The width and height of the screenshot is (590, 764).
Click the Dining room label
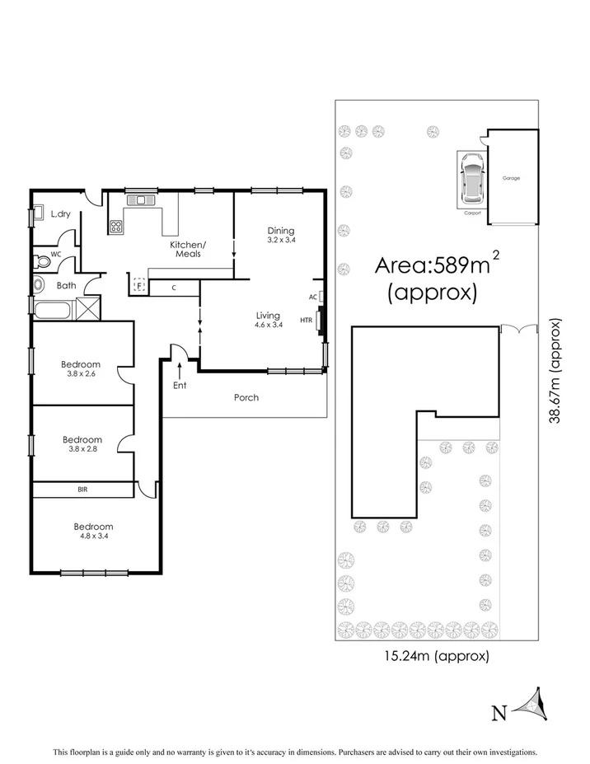pyautogui.click(x=280, y=230)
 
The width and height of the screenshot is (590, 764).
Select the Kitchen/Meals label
pyautogui.click(x=189, y=249)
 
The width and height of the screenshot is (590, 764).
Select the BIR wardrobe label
pyautogui.click(x=82, y=490)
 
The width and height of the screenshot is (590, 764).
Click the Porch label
pyautogui.click(x=246, y=397)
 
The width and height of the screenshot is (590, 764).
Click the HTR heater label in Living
pyautogui.click(x=306, y=321)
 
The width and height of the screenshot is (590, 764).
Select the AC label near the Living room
pyautogui.click(x=312, y=297)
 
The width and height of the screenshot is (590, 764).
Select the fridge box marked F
pyautogui.click(x=138, y=286)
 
